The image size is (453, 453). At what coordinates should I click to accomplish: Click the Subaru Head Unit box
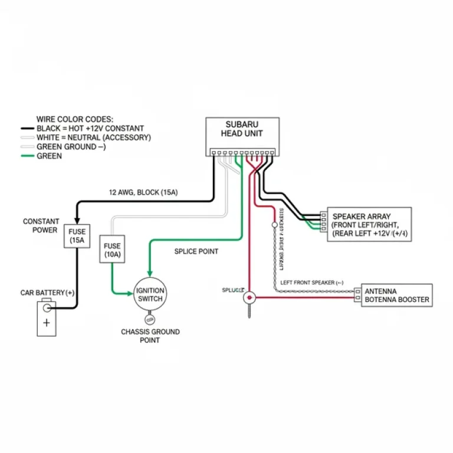click(x=242, y=133)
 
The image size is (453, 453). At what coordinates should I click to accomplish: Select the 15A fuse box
click(x=77, y=237)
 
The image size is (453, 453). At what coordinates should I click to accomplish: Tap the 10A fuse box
click(x=111, y=250)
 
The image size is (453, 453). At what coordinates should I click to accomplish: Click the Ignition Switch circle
click(x=150, y=294)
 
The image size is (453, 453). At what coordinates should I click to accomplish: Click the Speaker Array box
click(x=369, y=225)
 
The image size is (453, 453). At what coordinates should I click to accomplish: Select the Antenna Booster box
click(x=396, y=296)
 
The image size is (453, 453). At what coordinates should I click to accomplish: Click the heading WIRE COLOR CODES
click(x=75, y=119)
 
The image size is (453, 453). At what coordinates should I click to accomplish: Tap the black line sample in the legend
click(x=28, y=129)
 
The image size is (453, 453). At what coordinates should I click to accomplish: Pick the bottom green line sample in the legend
click(x=28, y=156)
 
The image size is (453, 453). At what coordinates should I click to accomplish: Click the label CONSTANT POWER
click(x=41, y=226)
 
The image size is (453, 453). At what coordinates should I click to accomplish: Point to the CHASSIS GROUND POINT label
click(x=150, y=336)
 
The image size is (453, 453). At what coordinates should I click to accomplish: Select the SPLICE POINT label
click(x=196, y=251)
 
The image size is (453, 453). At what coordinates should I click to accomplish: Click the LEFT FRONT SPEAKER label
click(x=311, y=283)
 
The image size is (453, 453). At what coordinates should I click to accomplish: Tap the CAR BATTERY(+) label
click(x=47, y=293)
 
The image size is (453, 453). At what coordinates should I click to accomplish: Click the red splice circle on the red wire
click(x=250, y=297)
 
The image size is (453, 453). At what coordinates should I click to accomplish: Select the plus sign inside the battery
click(x=47, y=323)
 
